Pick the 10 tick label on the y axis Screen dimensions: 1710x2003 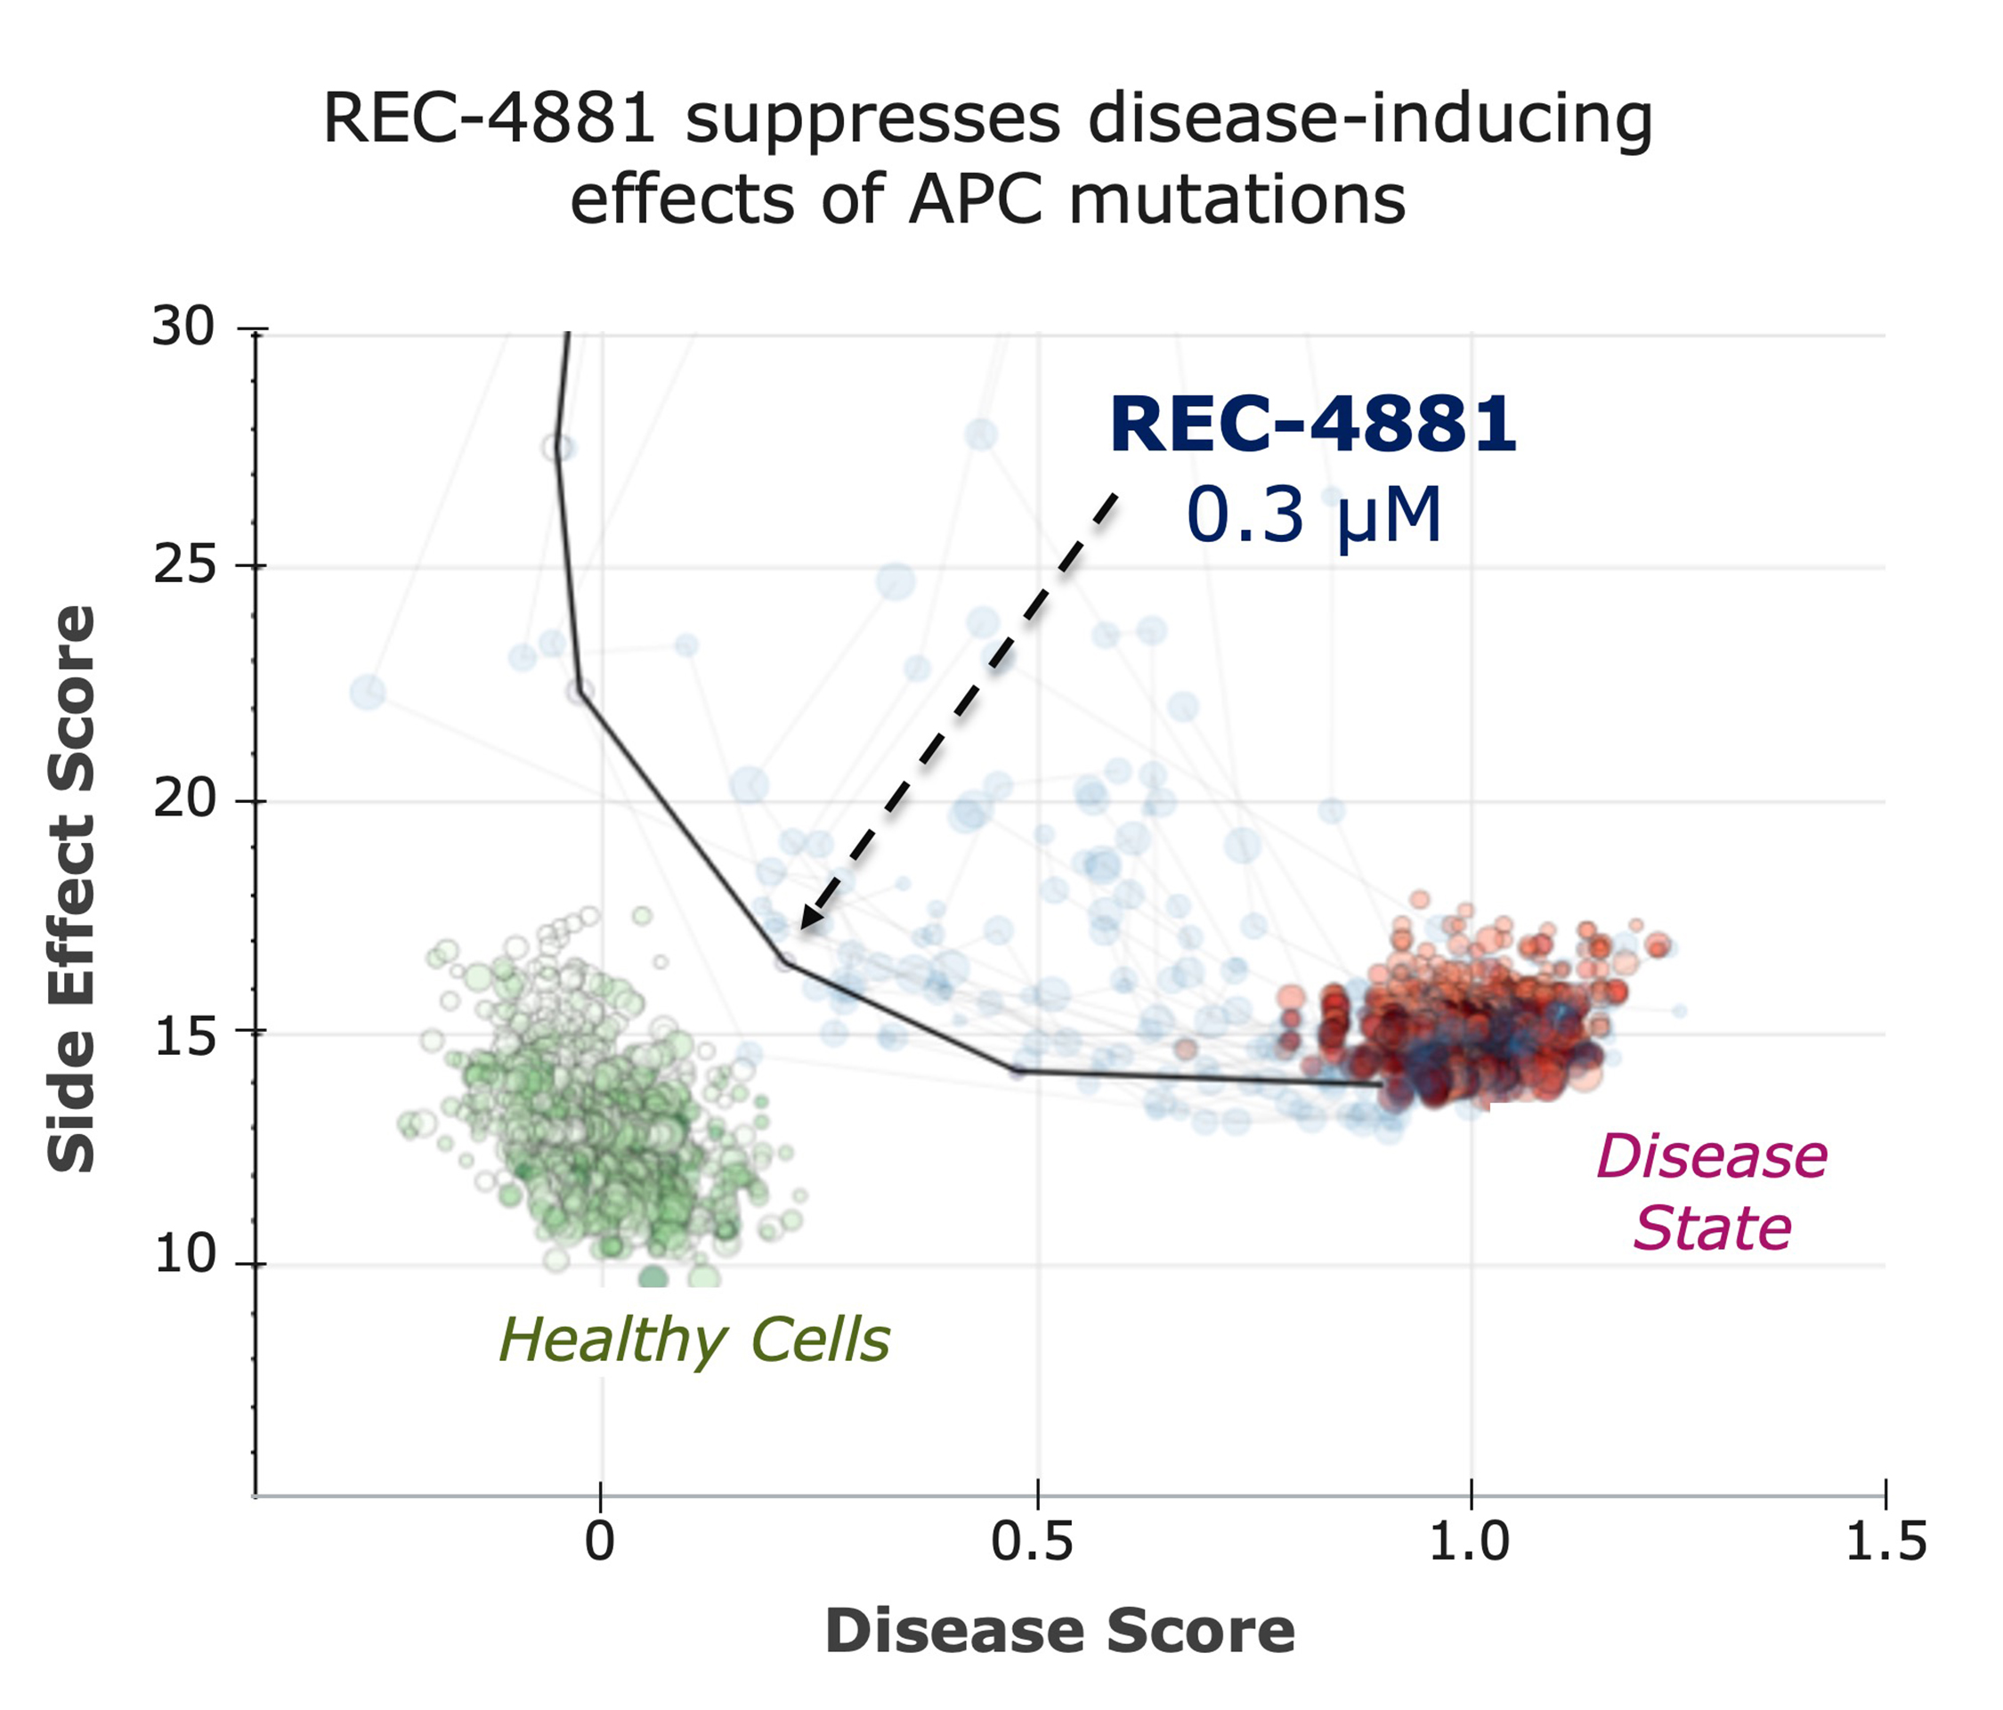tap(182, 1256)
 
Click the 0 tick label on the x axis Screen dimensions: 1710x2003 tap(599, 1541)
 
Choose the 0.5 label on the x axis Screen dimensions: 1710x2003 tap(1032, 1541)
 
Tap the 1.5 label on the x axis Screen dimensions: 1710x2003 tap(1885, 1541)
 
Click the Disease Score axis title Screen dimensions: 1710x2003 tap(1059, 1631)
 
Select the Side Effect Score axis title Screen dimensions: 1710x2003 tap(72, 889)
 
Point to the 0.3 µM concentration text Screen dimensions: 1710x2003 tap(1313, 515)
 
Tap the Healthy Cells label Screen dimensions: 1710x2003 tap(693, 1341)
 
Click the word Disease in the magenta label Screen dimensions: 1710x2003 tap(1711, 1157)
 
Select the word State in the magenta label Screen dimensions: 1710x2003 tap(1712, 1229)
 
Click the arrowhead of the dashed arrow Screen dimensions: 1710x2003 tap(808, 920)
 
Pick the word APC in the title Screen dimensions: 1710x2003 tap(978, 201)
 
